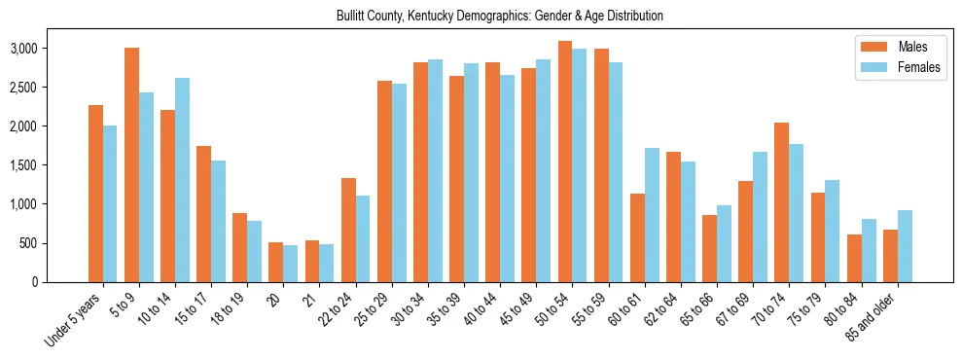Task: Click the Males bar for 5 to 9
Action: [x=131, y=165]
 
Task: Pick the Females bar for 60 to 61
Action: [x=652, y=215]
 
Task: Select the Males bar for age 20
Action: [x=276, y=263]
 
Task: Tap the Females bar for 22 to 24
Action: [x=363, y=239]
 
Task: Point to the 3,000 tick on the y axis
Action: [x=51, y=49]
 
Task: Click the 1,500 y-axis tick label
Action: [x=51, y=165]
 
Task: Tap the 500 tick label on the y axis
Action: [x=56, y=243]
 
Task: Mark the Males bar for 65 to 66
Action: [x=710, y=248]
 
